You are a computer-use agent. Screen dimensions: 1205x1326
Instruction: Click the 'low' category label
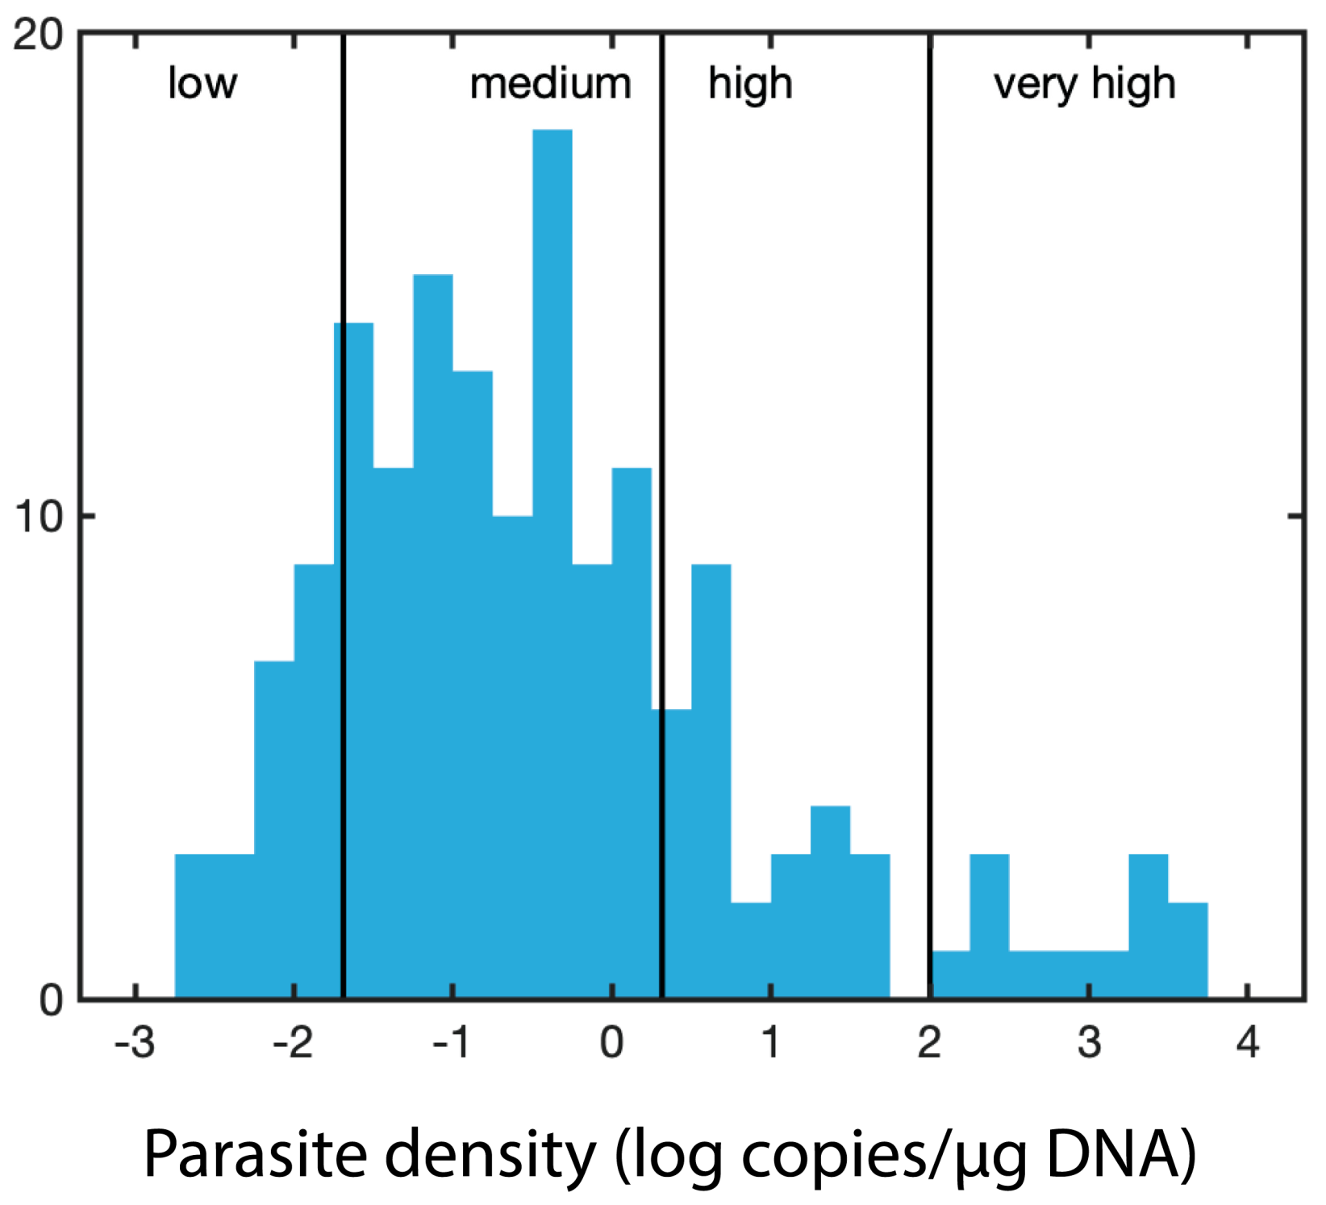[202, 83]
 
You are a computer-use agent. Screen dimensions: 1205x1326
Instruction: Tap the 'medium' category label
[550, 84]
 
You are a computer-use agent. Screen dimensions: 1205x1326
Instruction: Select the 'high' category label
[750, 85]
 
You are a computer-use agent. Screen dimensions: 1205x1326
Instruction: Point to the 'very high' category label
[1084, 85]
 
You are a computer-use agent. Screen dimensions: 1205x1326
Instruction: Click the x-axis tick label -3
[135, 1043]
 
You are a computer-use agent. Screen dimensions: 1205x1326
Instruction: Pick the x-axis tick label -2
[293, 1043]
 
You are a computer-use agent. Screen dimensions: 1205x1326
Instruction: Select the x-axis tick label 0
[611, 1043]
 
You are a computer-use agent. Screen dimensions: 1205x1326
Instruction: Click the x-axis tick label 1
[771, 1043]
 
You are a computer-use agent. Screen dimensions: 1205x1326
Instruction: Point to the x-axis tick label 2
[929, 1043]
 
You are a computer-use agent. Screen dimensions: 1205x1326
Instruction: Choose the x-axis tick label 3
[1089, 1043]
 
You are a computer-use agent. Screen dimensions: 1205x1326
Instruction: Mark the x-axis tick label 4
[1248, 1043]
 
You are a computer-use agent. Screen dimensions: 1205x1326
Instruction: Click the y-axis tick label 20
[38, 35]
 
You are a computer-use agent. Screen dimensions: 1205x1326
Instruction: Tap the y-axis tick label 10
[38, 516]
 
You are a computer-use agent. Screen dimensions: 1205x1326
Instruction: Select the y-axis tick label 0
[51, 1000]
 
